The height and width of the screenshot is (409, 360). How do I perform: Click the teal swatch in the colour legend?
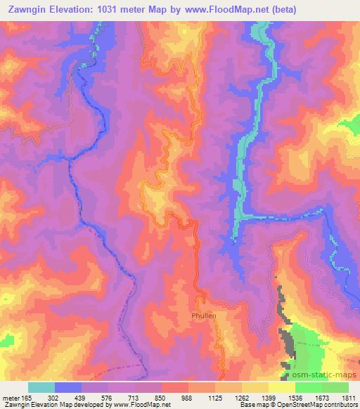[41, 387]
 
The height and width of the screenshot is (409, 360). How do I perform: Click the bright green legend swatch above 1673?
[309, 387]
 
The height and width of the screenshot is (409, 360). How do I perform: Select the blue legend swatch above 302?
[68, 387]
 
